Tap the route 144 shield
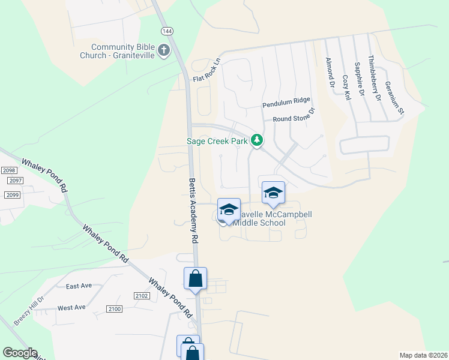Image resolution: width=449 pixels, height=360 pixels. (x=167, y=30)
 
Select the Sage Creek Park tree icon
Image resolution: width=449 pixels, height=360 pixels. (x=257, y=140)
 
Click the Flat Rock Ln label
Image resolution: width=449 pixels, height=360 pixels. (x=207, y=70)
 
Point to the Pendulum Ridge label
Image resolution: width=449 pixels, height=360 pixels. (x=286, y=104)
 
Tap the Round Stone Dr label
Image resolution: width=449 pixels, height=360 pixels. (x=294, y=117)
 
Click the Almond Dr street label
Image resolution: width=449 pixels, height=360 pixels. (x=328, y=72)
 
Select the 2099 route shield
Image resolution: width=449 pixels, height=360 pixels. (x=12, y=195)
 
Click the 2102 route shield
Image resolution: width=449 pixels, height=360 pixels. (x=142, y=295)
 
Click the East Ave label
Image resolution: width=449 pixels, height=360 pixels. (x=79, y=286)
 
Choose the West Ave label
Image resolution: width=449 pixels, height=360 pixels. (x=71, y=308)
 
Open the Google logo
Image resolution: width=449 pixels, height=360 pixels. (x=20, y=353)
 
